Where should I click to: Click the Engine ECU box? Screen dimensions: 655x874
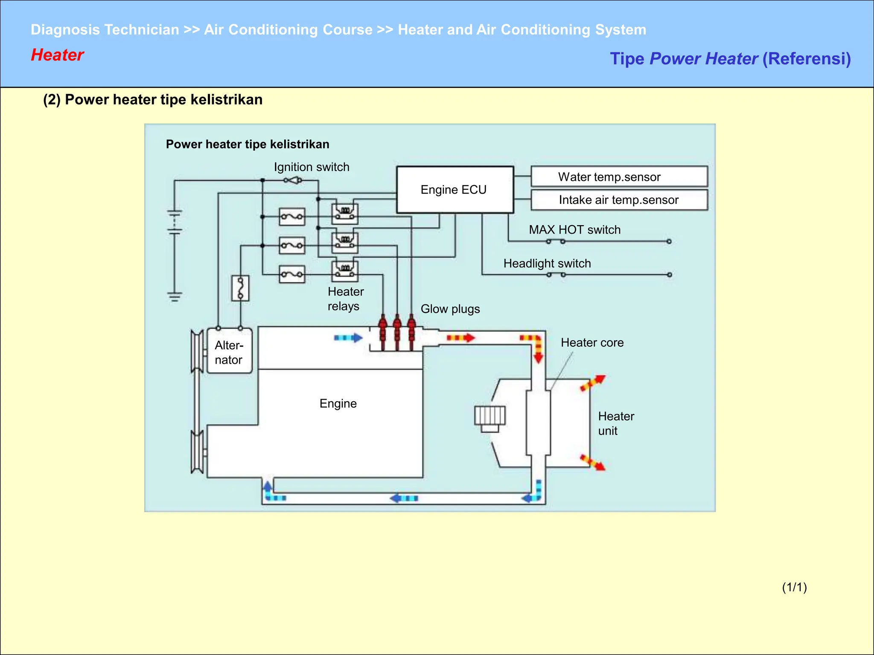[454, 190]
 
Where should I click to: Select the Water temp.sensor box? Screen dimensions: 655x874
[619, 177]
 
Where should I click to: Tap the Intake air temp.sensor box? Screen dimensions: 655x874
[619, 200]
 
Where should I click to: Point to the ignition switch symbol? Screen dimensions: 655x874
[293, 180]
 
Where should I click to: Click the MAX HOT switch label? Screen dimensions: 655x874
[574, 230]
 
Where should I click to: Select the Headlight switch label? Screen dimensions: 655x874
[547, 264]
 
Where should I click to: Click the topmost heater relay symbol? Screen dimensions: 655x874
[345, 213]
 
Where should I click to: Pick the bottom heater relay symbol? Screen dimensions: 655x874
[345, 271]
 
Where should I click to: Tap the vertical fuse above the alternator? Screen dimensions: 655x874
[240, 288]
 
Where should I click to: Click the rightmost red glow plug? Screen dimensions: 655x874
[411, 333]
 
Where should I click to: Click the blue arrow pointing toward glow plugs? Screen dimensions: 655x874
[348, 338]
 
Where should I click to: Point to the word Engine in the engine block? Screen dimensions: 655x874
[338, 403]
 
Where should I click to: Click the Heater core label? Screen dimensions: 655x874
[592, 343]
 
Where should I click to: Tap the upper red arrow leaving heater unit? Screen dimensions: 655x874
[593, 383]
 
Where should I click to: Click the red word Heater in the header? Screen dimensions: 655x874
[57, 55]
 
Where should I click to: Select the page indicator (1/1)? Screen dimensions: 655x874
[794, 587]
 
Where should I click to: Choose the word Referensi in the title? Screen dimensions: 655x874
[806, 59]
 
